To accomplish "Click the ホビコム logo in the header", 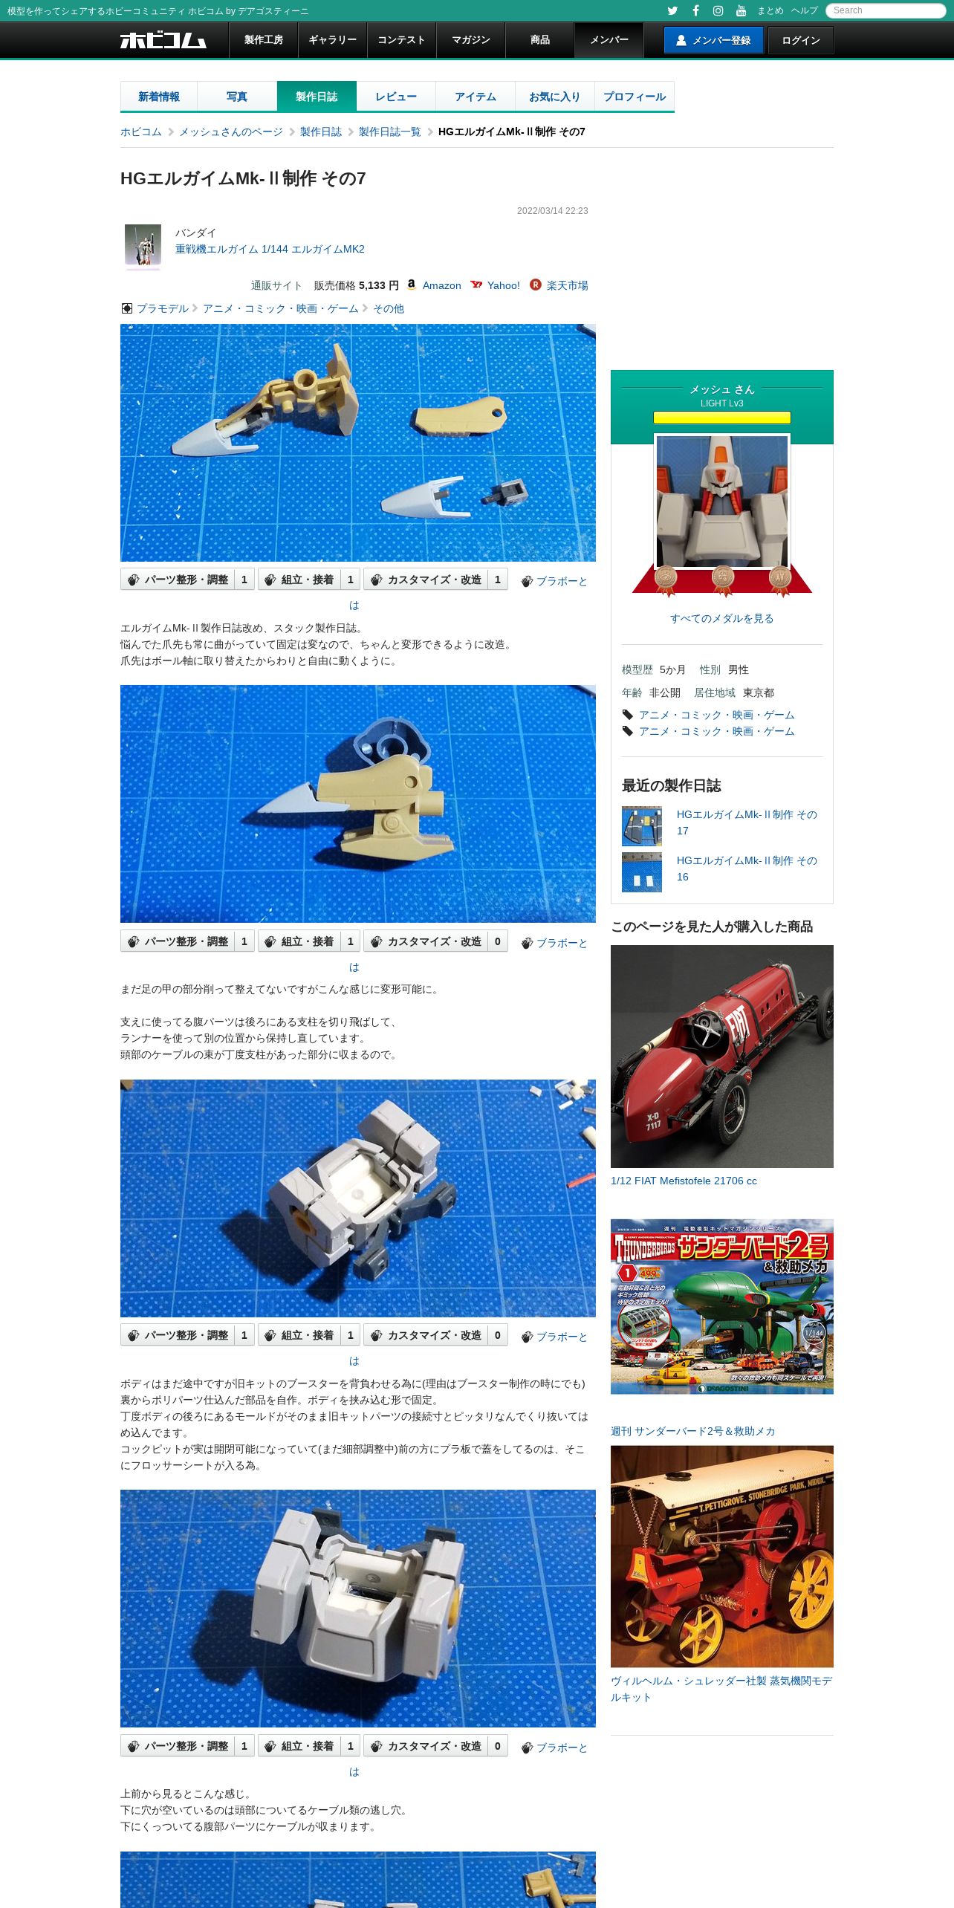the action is [163, 40].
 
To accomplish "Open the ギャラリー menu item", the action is [332, 40].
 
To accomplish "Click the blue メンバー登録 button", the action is [713, 40].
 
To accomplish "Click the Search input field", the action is [886, 10].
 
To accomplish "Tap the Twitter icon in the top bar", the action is [672, 10].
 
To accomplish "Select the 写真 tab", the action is [237, 97].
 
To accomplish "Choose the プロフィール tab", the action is [635, 97].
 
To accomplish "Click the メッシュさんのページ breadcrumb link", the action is [231, 132].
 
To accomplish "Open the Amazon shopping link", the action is [441, 285].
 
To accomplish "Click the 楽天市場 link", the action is [567, 285].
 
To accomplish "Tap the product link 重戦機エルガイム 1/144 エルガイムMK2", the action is [270, 249].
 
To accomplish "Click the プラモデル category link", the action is [163, 308].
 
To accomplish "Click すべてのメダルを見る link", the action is [721, 618].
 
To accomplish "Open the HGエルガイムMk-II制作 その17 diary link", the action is [747, 822].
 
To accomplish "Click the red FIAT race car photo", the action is [722, 1056].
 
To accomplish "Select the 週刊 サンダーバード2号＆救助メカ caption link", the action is [692, 1431].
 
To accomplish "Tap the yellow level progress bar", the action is [721, 418].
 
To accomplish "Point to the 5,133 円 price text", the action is [379, 285].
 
